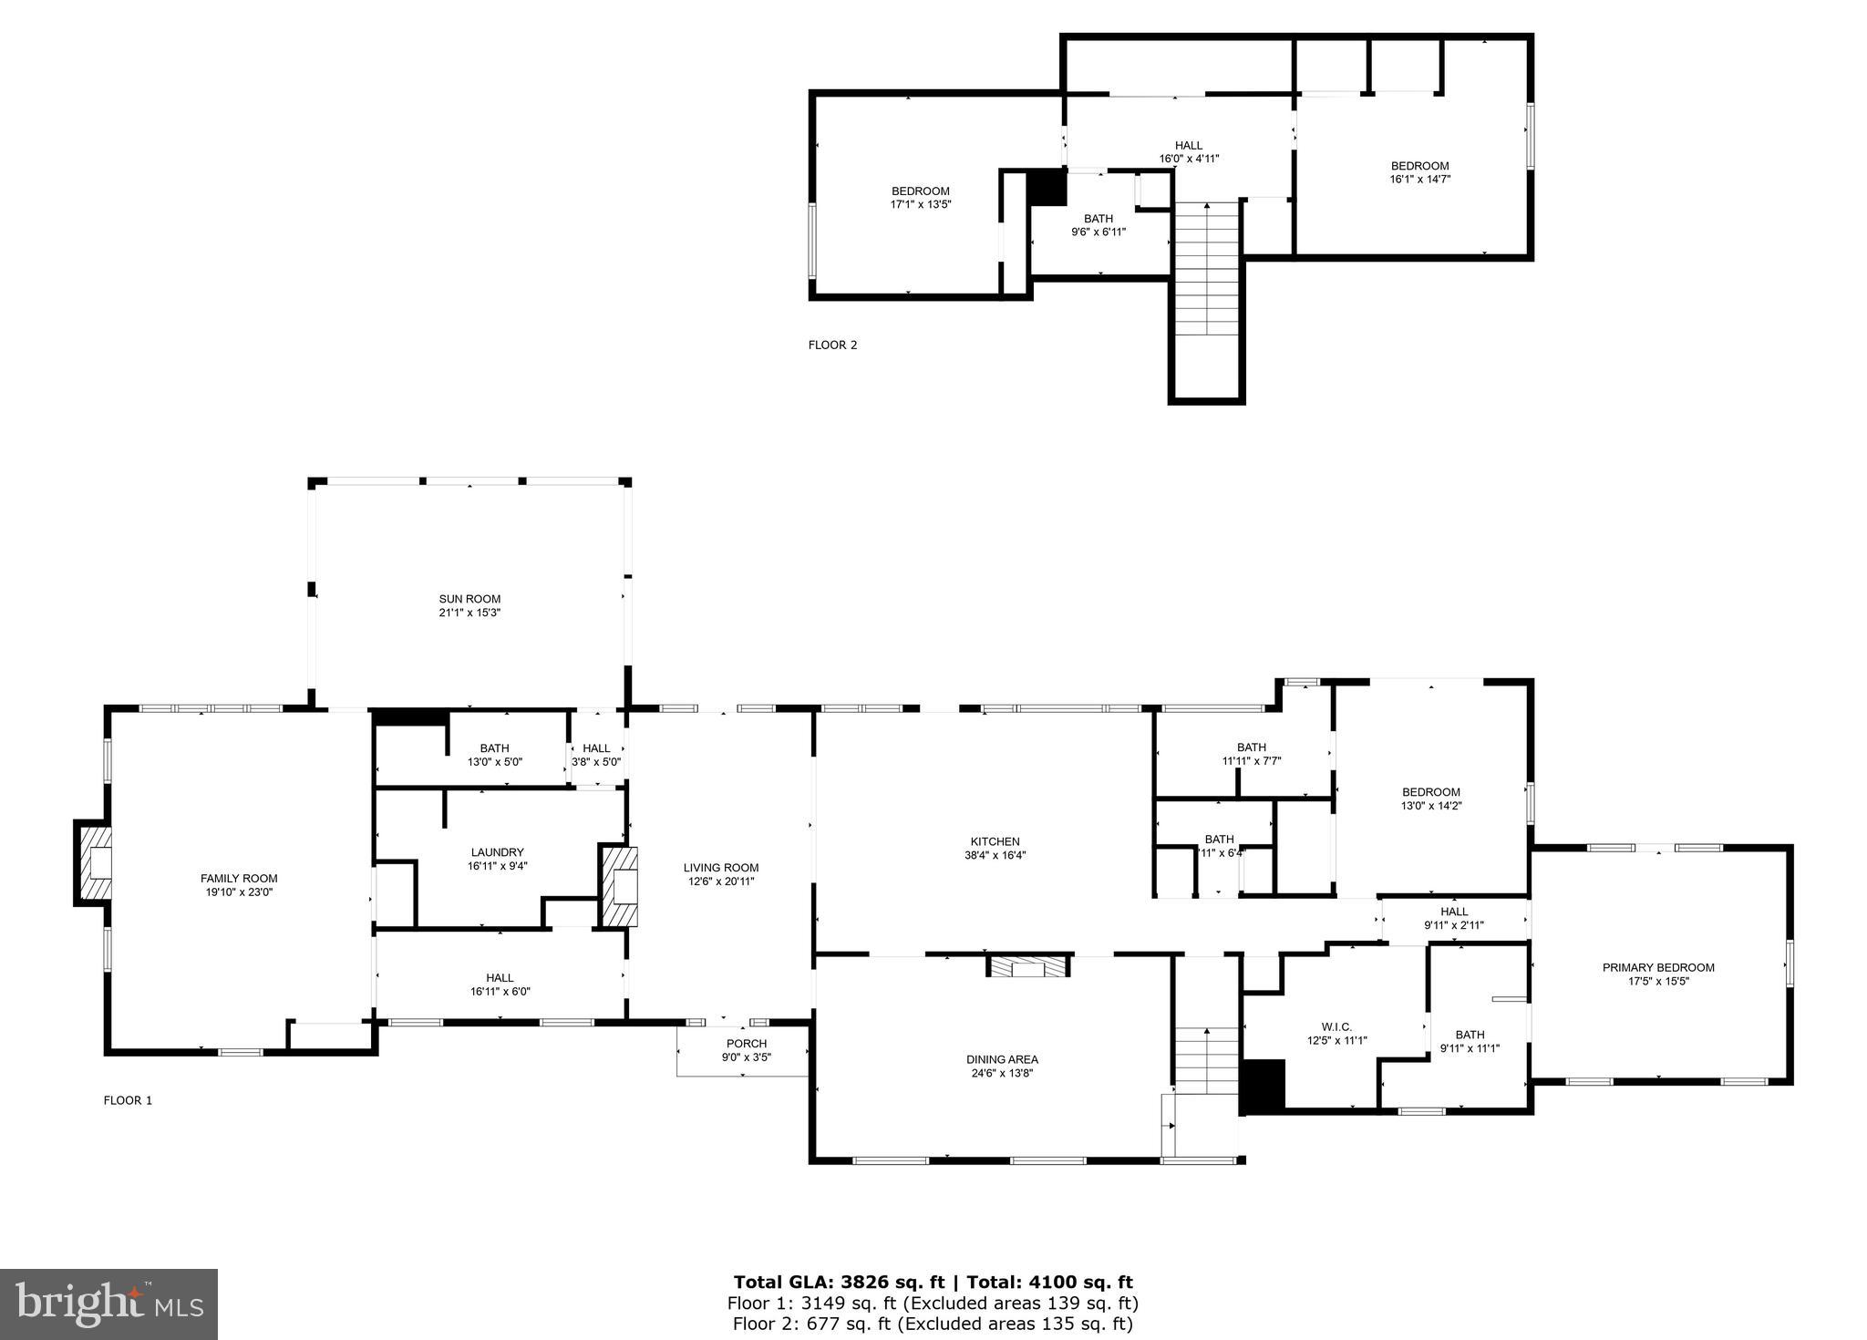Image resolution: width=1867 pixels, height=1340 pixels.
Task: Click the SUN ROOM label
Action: click(x=469, y=599)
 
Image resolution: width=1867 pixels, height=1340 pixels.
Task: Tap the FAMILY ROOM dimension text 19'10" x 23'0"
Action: click(x=239, y=892)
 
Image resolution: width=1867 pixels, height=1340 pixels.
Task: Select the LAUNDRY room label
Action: click(x=497, y=852)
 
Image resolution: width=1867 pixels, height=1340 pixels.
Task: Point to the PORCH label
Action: click(x=746, y=1044)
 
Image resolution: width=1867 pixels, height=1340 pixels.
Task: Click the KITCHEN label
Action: click(x=995, y=841)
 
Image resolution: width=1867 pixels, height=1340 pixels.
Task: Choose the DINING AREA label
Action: click(x=1002, y=1059)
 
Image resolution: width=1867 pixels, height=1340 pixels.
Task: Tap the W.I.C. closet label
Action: click(x=1336, y=1026)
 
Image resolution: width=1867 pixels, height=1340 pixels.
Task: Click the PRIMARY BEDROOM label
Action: click(x=1657, y=967)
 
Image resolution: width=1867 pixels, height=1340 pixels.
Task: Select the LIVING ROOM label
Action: click(x=721, y=868)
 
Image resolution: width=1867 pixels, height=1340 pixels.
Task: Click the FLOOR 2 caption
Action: click(x=832, y=345)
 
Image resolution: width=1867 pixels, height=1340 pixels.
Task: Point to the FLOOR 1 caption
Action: click(x=128, y=1100)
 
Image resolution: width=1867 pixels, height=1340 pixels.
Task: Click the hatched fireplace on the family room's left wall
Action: click(x=94, y=862)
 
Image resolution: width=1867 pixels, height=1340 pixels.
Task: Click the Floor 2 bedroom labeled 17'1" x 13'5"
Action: click(x=920, y=191)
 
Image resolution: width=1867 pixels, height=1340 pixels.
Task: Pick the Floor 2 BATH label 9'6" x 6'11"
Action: click(x=1098, y=219)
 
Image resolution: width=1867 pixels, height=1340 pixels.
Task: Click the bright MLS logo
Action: click(x=108, y=1304)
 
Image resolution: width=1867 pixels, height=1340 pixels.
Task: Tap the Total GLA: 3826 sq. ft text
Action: click(x=839, y=1283)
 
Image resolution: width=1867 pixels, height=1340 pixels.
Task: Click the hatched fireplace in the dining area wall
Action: click(x=1028, y=966)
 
